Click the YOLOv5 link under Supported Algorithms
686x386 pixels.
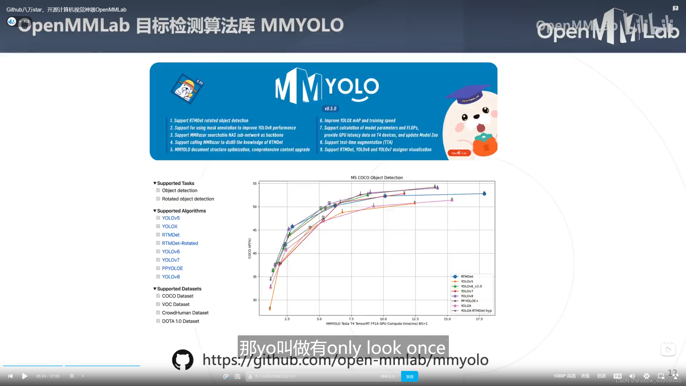(x=171, y=218)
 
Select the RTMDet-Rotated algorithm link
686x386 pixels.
(x=180, y=243)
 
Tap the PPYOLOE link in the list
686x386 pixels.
(x=172, y=268)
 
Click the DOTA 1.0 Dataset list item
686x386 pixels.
(x=180, y=321)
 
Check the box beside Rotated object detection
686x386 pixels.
(x=158, y=199)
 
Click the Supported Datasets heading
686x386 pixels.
(x=179, y=289)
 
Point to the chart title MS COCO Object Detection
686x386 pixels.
(x=376, y=177)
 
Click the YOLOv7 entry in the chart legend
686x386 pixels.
(x=467, y=291)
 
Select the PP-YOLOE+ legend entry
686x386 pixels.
(x=469, y=301)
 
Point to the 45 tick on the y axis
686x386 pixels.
(x=255, y=230)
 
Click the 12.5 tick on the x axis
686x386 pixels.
(x=415, y=319)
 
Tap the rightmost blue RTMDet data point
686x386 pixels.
(x=484, y=194)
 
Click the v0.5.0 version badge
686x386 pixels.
(x=330, y=109)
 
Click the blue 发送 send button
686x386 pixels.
(x=409, y=376)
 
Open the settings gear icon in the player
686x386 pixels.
(x=646, y=376)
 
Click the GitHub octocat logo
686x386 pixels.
(x=183, y=359)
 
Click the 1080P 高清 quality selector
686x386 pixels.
(x=564, y=376)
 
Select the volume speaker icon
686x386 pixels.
(x=632, y=376)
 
